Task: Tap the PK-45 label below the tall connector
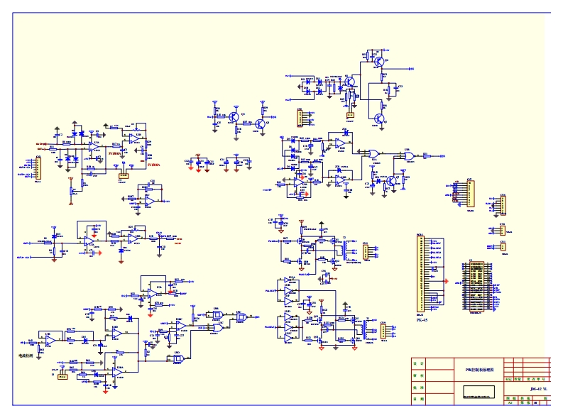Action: pyautogui.click(x=422, y=319)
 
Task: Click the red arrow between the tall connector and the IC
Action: pyautogui.click(x=446, y=281)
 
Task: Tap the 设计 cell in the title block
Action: pyautogui.click(x=419, y=363)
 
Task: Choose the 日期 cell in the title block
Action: pyautogui.click(x=419, y=400)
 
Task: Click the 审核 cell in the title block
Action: pyautogui.click(x=419, y=375)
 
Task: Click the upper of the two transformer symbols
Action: pyautogui.click(x=347, y=249)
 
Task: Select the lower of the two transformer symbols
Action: pyautogui.click(x=366, y=329)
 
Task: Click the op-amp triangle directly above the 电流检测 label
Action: pyautogui.click(x=50, y=341)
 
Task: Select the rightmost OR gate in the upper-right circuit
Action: pyautogui.click(x=408, y=156)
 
